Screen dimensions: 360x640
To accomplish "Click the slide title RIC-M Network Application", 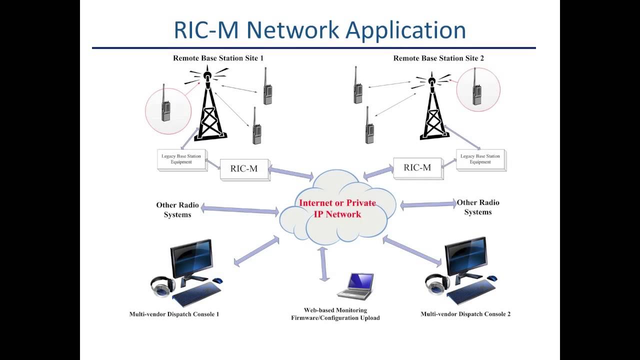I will [x=320, y=30].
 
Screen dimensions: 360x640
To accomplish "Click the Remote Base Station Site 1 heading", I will [x=218, y=58].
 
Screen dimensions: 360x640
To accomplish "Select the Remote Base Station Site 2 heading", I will [x=438, y=58].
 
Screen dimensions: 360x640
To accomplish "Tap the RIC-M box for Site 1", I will [x=244, y=169].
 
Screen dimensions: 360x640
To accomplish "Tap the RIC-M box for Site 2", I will [x=417, y=168].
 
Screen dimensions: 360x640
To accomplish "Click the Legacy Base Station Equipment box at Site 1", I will [x=181, y=159].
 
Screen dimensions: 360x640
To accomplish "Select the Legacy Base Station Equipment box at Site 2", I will [x=480, y=159].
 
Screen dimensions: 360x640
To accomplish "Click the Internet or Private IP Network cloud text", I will [x=337, y=209].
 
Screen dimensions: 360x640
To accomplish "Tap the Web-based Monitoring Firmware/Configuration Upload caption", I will [x=335, y=314].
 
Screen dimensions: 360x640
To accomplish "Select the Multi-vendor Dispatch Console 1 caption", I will [x=174, y=314].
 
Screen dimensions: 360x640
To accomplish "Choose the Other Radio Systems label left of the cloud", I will [x=177, y=209].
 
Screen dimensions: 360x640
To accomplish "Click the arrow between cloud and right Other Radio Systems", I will [x=428, y=205].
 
